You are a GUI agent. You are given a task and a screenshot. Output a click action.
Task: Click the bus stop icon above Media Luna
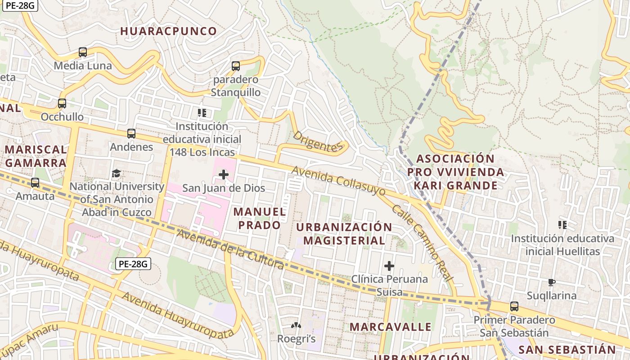83,52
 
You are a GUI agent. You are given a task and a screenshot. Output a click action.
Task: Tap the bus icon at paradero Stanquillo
236,66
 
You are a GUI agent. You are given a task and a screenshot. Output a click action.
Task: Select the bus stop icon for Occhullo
62,103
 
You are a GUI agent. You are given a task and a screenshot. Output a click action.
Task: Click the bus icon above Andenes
131,134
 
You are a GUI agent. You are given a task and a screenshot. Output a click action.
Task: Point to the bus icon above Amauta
35,183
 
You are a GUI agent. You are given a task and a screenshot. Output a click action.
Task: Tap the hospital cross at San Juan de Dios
224,175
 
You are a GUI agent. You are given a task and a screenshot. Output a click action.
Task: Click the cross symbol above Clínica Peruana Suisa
389,266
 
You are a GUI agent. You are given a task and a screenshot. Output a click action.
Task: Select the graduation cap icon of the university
117,173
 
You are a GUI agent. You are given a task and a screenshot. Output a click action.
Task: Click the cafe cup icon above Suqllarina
551,283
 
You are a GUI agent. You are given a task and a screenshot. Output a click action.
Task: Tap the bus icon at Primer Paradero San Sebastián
514,306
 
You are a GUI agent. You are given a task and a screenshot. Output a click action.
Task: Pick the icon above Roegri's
296,325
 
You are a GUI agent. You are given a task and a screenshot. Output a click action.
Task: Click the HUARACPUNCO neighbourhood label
169,31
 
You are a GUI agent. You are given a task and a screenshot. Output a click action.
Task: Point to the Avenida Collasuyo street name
338,181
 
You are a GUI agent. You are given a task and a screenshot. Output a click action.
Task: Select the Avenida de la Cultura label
230,249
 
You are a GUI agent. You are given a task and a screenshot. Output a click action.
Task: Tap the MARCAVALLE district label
390,327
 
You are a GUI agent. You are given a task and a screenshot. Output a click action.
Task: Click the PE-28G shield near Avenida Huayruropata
133,264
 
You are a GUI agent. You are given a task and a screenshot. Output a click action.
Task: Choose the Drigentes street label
318,141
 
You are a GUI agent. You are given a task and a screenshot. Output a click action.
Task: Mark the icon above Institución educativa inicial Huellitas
562,225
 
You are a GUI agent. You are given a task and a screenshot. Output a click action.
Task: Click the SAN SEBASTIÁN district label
567,350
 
